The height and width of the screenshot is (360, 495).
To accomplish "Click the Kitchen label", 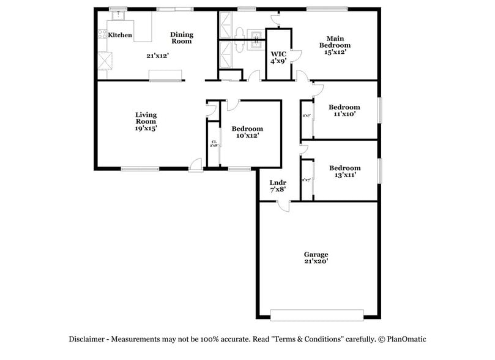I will [x=120, y=36].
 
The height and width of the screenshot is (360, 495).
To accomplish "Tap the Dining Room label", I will [x=181, y=38].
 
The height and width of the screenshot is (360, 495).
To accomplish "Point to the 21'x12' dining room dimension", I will [x=157, y=56].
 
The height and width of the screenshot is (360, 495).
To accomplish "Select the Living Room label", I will [x=146, y=118].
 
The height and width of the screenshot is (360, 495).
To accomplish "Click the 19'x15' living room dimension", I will [x=146, y=129].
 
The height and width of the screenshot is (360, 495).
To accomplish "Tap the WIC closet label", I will [x=278, y=54].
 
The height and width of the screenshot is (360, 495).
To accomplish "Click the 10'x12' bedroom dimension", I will [x=247, y=136].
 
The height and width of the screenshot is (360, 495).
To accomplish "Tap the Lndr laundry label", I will [x=278, y=182].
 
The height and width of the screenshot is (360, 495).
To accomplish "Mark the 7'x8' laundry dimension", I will [x=278, y=190].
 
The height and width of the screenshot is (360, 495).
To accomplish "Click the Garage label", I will [x=316, y=255].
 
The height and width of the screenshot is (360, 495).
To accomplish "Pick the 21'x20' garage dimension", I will [x=316, y=262].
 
